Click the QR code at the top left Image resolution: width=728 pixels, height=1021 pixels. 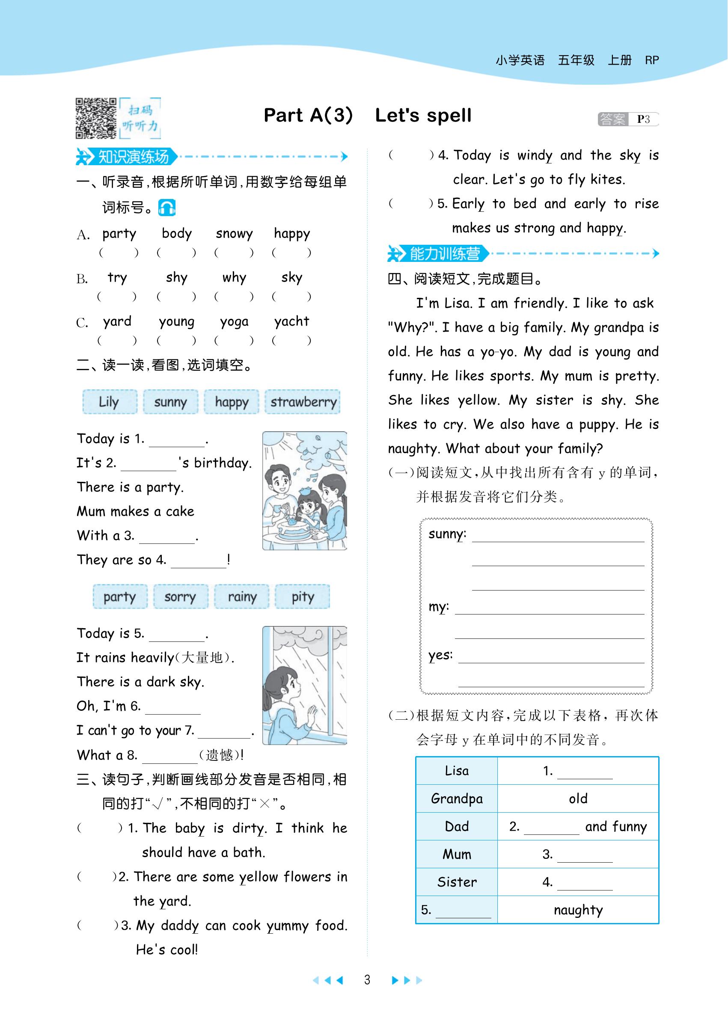click(x=95, y=118)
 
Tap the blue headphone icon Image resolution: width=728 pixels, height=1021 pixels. click(x=167, y=208)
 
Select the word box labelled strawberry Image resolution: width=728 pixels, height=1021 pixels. click(x=303, y=401)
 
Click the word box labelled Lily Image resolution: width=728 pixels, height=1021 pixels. click(x=110, y=401)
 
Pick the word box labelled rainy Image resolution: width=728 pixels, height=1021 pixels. click(x=242, y=597)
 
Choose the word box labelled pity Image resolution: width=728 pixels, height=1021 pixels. click(x=303, y=597)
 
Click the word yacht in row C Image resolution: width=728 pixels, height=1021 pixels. click(x=291, y=321)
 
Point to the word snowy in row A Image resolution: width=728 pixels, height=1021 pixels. click(x=234, y=234)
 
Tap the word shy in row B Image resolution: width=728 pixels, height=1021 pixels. click(x=176, y=277)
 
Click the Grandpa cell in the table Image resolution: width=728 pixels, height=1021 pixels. click(x=456, y=798)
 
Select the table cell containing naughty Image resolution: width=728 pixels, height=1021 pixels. click(x=578, y=909)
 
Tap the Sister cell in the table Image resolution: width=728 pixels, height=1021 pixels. click(x=456, y=882)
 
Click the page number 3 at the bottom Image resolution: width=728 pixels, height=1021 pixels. click(x=367, y=980)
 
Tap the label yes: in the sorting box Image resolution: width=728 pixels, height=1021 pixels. click(x=440, y=655)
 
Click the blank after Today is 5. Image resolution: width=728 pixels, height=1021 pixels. click(x=177, y=636)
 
